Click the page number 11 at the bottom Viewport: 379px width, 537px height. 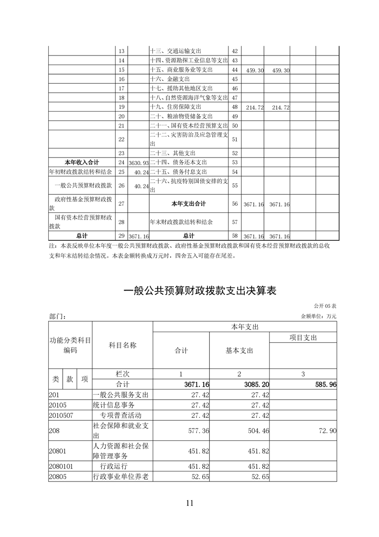[190, 503]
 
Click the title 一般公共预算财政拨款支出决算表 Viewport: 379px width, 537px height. [200, 291]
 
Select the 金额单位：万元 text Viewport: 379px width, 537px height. [318, 316]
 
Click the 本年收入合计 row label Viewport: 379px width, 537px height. [82, 162]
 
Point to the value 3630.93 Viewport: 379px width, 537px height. [138, 162]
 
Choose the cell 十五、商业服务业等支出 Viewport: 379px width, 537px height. [182, 70]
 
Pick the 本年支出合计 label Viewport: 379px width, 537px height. [189, 204]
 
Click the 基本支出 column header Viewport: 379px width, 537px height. [239, 350]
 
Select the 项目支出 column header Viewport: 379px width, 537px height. [303, 337]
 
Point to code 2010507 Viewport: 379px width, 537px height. [61, 414]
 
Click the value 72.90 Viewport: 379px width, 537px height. [326, 430]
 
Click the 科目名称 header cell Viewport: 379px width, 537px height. [122, 345]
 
